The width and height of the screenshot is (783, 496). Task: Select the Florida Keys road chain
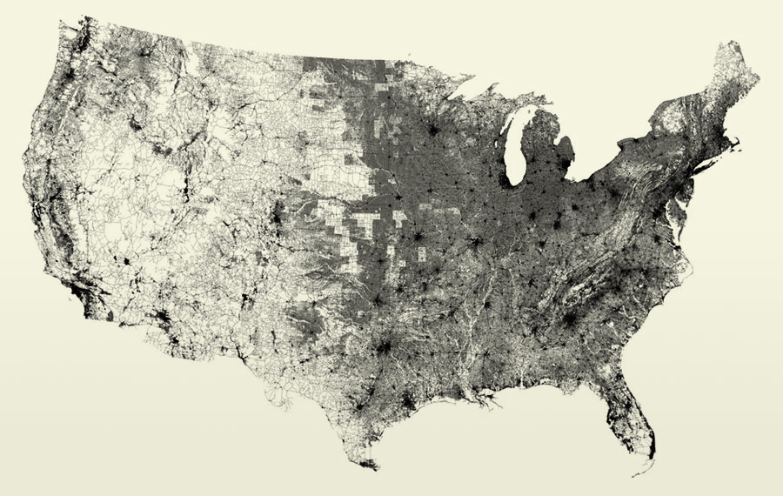tap(639, 474)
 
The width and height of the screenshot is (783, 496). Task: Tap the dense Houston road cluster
tap(409, 402)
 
